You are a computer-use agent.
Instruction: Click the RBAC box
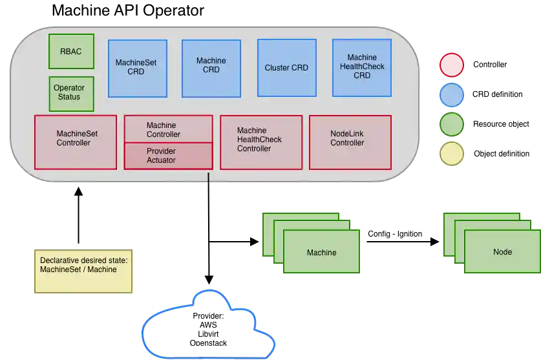pos(71,51)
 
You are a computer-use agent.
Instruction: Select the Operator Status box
pos(71,93)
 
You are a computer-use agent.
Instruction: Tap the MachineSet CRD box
pos(137,67)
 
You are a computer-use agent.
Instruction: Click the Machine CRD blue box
pos(211,68)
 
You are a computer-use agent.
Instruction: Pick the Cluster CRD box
pos(286,67)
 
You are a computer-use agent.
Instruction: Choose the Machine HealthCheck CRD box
pos(361,67)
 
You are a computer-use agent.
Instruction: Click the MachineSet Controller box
pos(75,142)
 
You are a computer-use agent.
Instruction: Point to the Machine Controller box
pos(167,129)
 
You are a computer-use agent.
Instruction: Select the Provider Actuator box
pos(167,156)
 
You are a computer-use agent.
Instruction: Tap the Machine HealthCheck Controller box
pos(261,142)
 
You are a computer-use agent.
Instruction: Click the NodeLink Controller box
pos(350,142)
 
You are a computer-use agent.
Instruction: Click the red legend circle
pos(452,65)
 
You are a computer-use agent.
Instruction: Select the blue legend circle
pos(452,95)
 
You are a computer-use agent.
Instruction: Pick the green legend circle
pos(452,125)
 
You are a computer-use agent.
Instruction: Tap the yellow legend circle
pos(452,154)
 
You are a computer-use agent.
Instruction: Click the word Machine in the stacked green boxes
pos(321,253)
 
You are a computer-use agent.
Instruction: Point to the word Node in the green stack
pos(502,252)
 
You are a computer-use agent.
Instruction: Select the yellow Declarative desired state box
pos(83,271)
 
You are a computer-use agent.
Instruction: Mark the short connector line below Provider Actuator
pos(209,179)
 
